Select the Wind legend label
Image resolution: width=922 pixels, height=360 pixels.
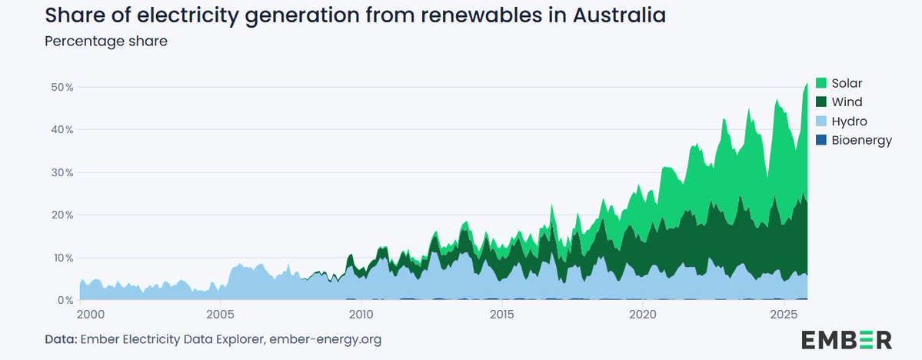pyautogui.click(x=847, y=102)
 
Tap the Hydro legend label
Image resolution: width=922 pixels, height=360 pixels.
pyautogui.click(x=850, y=121)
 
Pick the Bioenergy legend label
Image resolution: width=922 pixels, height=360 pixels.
pyautogui.click(x=862, y=140)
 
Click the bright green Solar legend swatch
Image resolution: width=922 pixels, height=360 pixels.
pyautogui.click(x=820, y=83)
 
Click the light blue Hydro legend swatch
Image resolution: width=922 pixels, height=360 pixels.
pyautogui.click(x=820, y=121)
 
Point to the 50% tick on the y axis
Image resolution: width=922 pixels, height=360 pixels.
pyautogui.click(x=62, y=87)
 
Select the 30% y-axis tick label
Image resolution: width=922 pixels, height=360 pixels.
pyautogui.click(x=62, y=172)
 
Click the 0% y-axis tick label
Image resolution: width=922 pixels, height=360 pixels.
pyautogui.click(x=65, y=300)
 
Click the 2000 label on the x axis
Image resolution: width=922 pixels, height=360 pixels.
pyautogui.click(x=90, y=314)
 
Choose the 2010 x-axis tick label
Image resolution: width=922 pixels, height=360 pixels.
pyautogui.click(x=361, y=314)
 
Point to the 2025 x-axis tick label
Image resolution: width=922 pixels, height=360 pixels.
pyautogui.click(x=784, y=314)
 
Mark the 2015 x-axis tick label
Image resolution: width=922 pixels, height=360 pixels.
pyautogui.click(x=501, y=314)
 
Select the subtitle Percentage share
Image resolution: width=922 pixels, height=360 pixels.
pyautogui.click(x=105, y=41)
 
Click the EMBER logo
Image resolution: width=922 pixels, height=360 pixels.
pyautogui.click(x=847, y=339)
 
